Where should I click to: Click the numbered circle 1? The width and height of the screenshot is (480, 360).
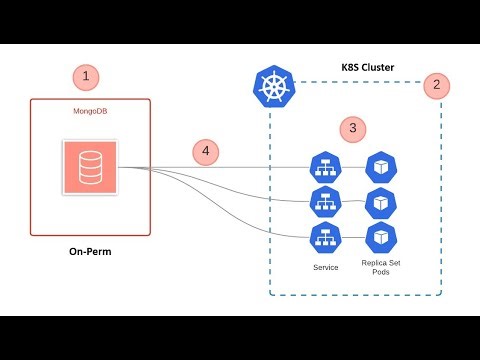pyautogui.click(x=86, y=76)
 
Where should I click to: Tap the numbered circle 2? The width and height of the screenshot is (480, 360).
pyautogui.click(x=435, y=85)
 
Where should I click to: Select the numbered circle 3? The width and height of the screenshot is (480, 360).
pyautogui.click(x=351, y=128)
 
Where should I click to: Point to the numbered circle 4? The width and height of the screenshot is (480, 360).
pyautogui.click(x=206, y=152)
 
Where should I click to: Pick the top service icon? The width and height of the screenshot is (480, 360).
pyautogui.click(x=323, y=166)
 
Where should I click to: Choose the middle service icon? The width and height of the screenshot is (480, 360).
pyautogui.click(x=323, y=201)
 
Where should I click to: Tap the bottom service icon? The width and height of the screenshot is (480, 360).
pyautogui.click(x=323, y=236)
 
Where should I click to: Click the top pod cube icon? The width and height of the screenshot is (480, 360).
pyautogui.click(x=380, y=166)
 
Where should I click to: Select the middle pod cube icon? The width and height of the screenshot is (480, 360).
pyautogui.click(x=380, y=201)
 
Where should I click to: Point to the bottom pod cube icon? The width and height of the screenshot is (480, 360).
pyautogui.click(x=380, y=236)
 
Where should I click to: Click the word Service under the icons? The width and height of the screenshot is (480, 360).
pyautogui.click(x=326, y=268)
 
